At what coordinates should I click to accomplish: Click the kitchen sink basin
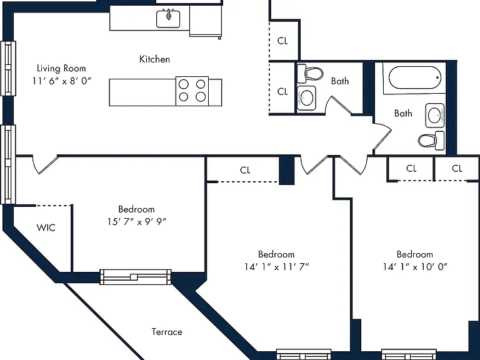pos(168,19)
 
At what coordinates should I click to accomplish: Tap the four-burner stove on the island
pos(192,91)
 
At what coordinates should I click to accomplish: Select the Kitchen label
pos(154,59)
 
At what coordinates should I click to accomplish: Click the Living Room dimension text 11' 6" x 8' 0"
pos(62,81)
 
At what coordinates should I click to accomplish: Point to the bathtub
pos(415,77)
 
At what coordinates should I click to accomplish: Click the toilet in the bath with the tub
pos(431,141)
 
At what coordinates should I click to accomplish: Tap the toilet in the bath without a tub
pos(310,74)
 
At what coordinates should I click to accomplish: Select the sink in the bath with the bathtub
pos(435,116)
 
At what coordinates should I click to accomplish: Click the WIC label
pos(46,227)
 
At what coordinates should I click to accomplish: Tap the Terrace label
pos(167,332)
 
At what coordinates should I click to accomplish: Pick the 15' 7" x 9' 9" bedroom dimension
pos(137,222)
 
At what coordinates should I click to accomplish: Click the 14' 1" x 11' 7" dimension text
pos(276,267)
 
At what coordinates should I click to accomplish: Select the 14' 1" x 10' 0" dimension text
pos(415,267)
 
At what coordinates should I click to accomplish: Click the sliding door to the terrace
pos(135,277)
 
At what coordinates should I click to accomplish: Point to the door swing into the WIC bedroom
pos(45,165)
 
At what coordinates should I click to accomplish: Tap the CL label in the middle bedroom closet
pos(245,170)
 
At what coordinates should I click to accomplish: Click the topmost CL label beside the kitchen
pos(282,41)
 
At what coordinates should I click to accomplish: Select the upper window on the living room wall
pos(8,68)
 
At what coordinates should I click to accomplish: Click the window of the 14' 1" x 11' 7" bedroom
pos(304,354)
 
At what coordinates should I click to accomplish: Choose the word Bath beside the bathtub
pos(403,113)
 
